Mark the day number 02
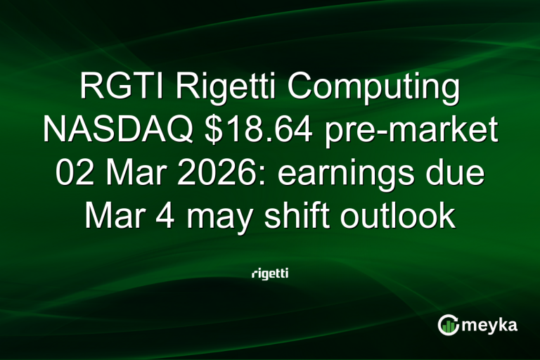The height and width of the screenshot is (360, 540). point(72,174)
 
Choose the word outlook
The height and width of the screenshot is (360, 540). point(403,216)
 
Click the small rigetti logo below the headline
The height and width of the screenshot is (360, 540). point(270,273)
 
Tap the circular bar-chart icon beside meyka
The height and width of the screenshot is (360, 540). point(449,324)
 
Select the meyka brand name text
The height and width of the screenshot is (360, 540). point(491,326)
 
